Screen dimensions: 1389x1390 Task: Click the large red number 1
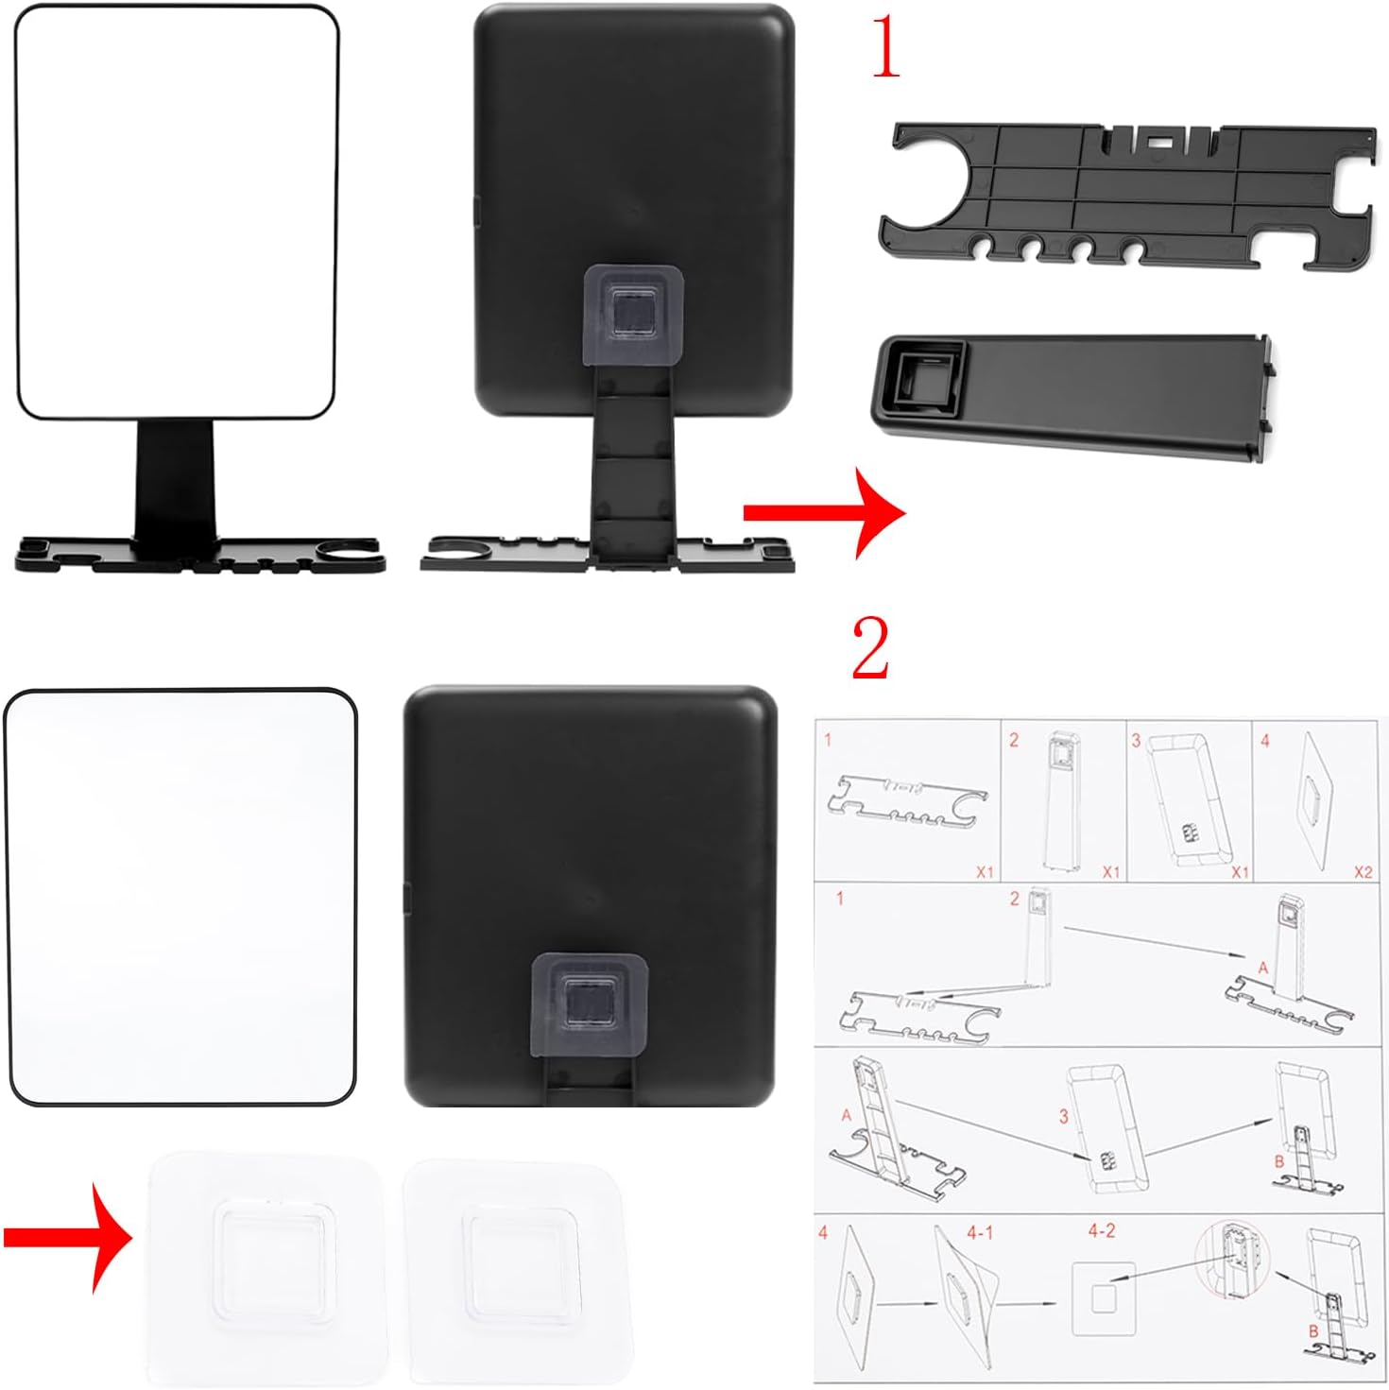887,47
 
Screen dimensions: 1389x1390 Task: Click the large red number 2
871,647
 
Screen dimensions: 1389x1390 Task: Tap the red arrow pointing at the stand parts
825,513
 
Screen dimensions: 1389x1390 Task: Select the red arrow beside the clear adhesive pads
69,1238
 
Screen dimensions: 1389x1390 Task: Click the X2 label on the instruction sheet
1363,872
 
